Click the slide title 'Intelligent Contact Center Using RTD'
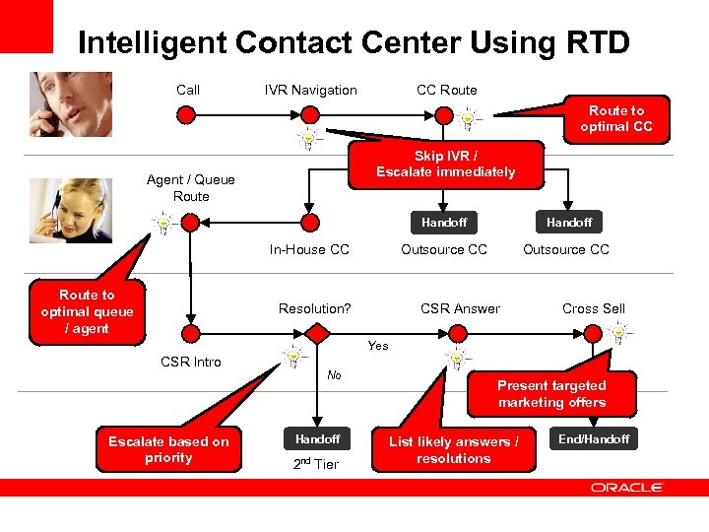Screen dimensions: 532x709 [354, 42]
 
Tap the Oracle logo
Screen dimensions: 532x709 [626, 487]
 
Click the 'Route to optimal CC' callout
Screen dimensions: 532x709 [615, 119]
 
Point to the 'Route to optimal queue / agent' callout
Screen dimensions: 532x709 [87, 311]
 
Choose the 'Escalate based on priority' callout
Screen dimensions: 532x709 [168, 449]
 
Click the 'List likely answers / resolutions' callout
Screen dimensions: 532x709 [453, 450]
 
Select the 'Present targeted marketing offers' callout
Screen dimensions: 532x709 [551, 394]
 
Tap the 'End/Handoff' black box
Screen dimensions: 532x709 [593, 439]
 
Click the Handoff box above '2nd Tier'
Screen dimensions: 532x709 [317, 439]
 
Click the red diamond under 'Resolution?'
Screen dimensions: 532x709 [317, 334]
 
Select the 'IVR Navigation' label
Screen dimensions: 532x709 [311, 91]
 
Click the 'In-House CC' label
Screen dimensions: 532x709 [309, 250]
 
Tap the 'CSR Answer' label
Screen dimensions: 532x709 [460, 309]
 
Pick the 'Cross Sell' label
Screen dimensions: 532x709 [593, 309]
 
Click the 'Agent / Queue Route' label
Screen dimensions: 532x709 [191, 188]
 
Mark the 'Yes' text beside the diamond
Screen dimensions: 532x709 [378, 346]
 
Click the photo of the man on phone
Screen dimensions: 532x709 [70, 103]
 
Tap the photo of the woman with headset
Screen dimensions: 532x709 [70, 209]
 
